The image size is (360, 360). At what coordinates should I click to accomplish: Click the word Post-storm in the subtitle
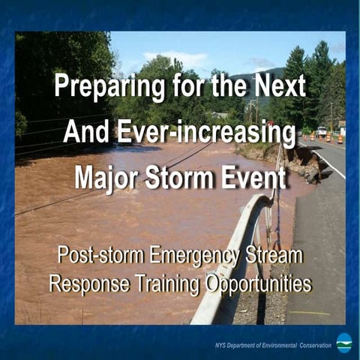[x=101, y=256]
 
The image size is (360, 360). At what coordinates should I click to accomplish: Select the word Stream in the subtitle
[x=275, y=256]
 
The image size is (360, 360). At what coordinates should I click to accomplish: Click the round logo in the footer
[x=343, y=342]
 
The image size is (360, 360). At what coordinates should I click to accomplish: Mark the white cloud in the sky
[x=175, y=58]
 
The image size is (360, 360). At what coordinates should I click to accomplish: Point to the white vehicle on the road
[x=322, y=131]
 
